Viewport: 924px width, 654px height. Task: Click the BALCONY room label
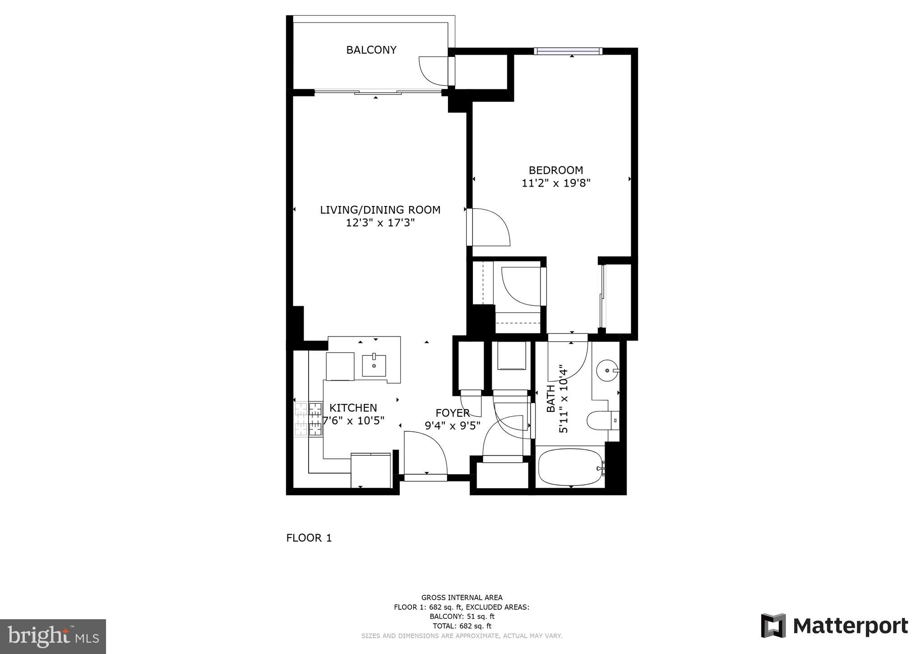[371, 50]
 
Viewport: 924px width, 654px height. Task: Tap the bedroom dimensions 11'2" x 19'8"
[556, 183]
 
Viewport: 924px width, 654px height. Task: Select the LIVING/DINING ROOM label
[380, 210]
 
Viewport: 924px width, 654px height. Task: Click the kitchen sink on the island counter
[374, 365]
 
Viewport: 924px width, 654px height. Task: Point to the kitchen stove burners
[309, 419]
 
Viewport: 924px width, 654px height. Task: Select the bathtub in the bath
[571, 467]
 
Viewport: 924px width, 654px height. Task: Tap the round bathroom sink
[607, 370]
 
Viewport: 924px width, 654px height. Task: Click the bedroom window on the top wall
[568, 51]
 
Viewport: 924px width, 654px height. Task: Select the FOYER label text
[452, 413]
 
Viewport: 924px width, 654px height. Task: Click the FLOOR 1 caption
[309, 538]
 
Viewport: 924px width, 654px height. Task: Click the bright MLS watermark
[53, 637]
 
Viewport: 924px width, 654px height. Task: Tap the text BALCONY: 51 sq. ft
[462, 617]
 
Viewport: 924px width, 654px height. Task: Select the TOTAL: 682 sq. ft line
[462, 626]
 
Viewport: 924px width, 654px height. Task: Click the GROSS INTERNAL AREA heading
[462, 598]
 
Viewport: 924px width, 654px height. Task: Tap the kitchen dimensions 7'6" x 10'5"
[354, 421]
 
